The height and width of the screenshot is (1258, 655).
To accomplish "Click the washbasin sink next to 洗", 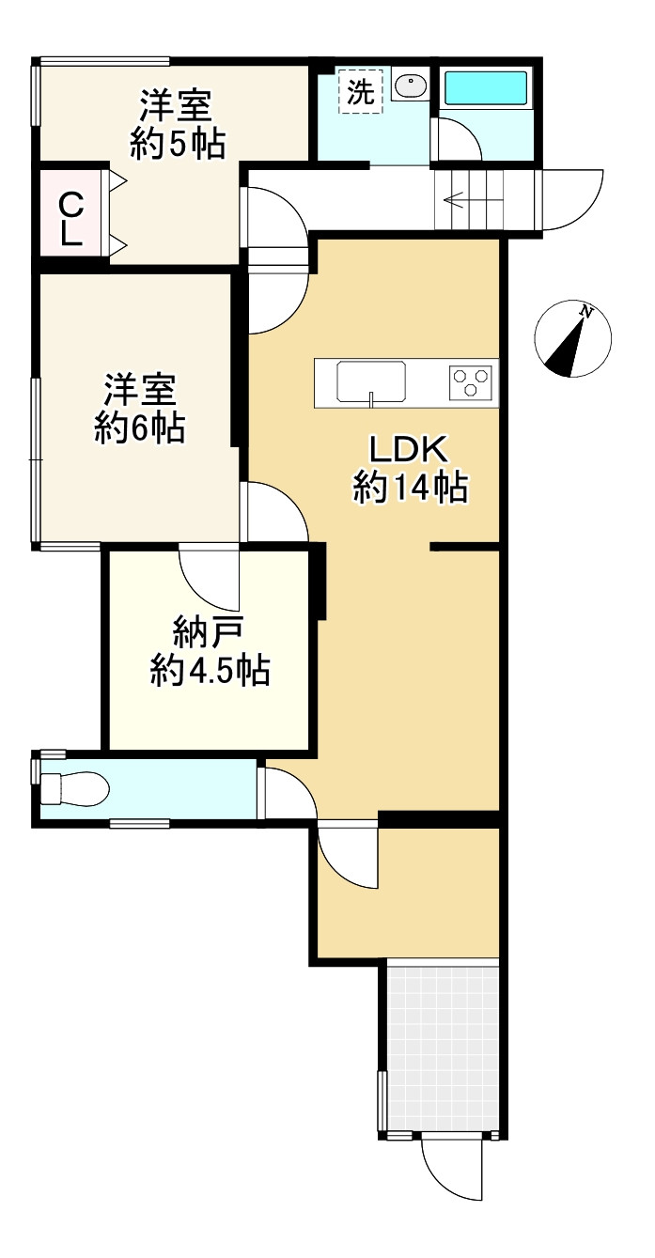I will [x=411, y=87].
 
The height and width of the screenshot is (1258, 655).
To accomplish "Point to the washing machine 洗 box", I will [x=361, y=91].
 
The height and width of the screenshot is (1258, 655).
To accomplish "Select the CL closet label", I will [x=70, y=218].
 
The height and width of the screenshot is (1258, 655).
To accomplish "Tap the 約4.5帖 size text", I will [x=211, y=671].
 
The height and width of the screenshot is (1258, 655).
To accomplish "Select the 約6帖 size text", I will [x=140, y=429].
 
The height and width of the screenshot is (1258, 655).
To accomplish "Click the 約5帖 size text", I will [x=177, y=144].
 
